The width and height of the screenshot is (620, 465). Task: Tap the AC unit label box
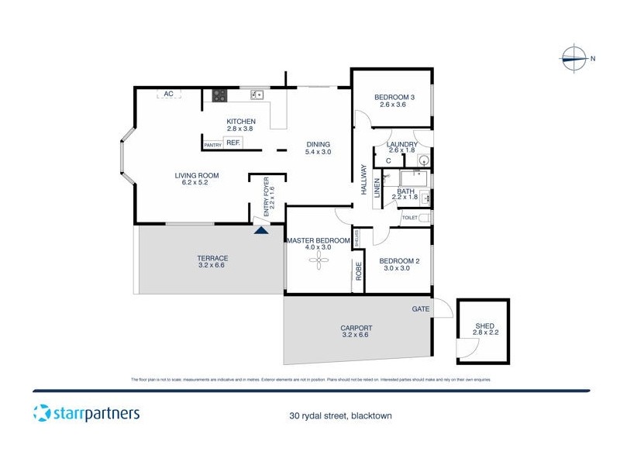pyautogui.click(x=168, y=94)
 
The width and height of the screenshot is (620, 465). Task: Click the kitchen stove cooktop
pyautogui.click(x=220, y=96)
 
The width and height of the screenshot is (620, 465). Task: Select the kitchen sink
pyautogui.click(x=257, y=95)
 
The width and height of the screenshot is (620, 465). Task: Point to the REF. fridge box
pyautogui.click(x=233, y=143)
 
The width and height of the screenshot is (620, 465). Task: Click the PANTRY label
pyautogui.click(x=212, y=145)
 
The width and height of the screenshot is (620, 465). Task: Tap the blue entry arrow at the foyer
pyautogui.click(x=262, y=228)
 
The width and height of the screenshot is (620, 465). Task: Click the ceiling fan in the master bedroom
pyautogui.click(x=318, y=261)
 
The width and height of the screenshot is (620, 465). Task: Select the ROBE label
pyautogui.click(x=359, y=270)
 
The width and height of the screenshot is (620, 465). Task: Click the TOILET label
pyautogui.click(x=409, y=219)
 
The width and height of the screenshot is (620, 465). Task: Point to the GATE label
pyautogui.click(x=421, y=308)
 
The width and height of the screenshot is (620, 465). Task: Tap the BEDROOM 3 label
pyautogui.click(x=394, y=97)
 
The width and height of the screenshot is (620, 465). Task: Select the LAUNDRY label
pyautogui.click(x=403, y=144)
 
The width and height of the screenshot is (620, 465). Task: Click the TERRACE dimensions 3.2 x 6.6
pyautogui.click(x=212, y=266)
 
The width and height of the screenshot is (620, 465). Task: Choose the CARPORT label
pyautogui.click(x=356, y=328)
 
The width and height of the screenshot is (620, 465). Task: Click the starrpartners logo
pyautogui.click(x=86, y=412)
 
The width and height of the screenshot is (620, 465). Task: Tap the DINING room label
pyautogui.click(x=318, y=144)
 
